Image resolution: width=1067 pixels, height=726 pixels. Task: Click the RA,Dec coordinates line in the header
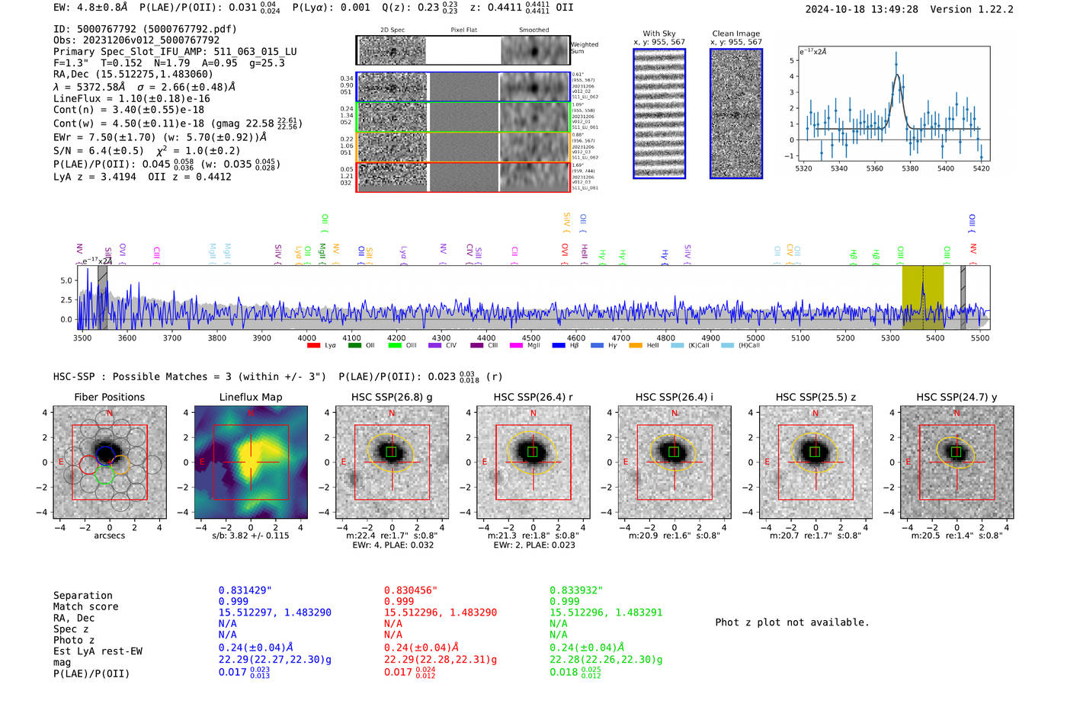[x=133, y=74]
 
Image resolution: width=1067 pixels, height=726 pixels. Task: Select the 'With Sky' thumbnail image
[x=659, y=114]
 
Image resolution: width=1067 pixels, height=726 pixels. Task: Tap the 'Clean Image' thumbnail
[x=736, y=114]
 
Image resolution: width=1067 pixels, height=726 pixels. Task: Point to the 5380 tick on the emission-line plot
[x=910, y=168]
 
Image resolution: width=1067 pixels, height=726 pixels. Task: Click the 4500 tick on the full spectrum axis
[x=531, y=337]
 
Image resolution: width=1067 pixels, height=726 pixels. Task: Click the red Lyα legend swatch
[x=313, y=346]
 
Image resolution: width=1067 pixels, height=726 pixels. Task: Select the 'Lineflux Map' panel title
[x=251, y=397]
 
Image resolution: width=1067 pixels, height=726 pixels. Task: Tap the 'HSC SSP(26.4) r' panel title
[x=533, y=397]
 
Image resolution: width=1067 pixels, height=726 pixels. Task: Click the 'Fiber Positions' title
[x=110, y=397]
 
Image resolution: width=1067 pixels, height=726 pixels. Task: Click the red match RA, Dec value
[x=441, y=612]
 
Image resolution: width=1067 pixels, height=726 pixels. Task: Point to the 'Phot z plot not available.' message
[x=792, y=622]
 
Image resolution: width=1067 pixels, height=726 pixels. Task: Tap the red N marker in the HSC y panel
[x=957, y=414]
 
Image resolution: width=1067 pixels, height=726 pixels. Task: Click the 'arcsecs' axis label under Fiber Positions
[x=110, y=536]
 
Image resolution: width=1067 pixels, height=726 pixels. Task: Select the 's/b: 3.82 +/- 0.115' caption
[x=251, y=536]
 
